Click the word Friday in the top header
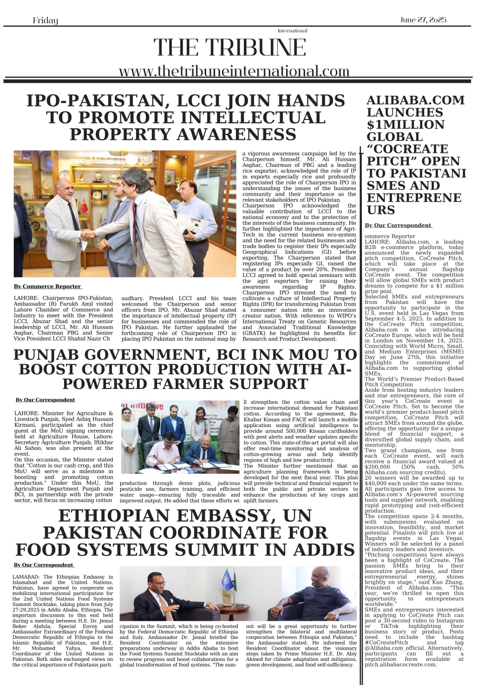(x=46, y=20)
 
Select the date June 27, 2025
(x=423, y=20)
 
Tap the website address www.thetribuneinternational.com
(x=234, y=71)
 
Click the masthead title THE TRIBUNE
(x=230, y=47)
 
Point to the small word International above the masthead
(x=292, y=31)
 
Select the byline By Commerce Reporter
(x=47, y=286)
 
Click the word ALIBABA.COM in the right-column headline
(x=415, y=100)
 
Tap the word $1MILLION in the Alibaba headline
(x=406, y=125)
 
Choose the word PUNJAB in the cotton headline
(x=48, y=355)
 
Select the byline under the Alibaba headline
(x=398, y=225)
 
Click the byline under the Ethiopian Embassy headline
(x=44, y=565)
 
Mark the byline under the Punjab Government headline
(x=45, y=400)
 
